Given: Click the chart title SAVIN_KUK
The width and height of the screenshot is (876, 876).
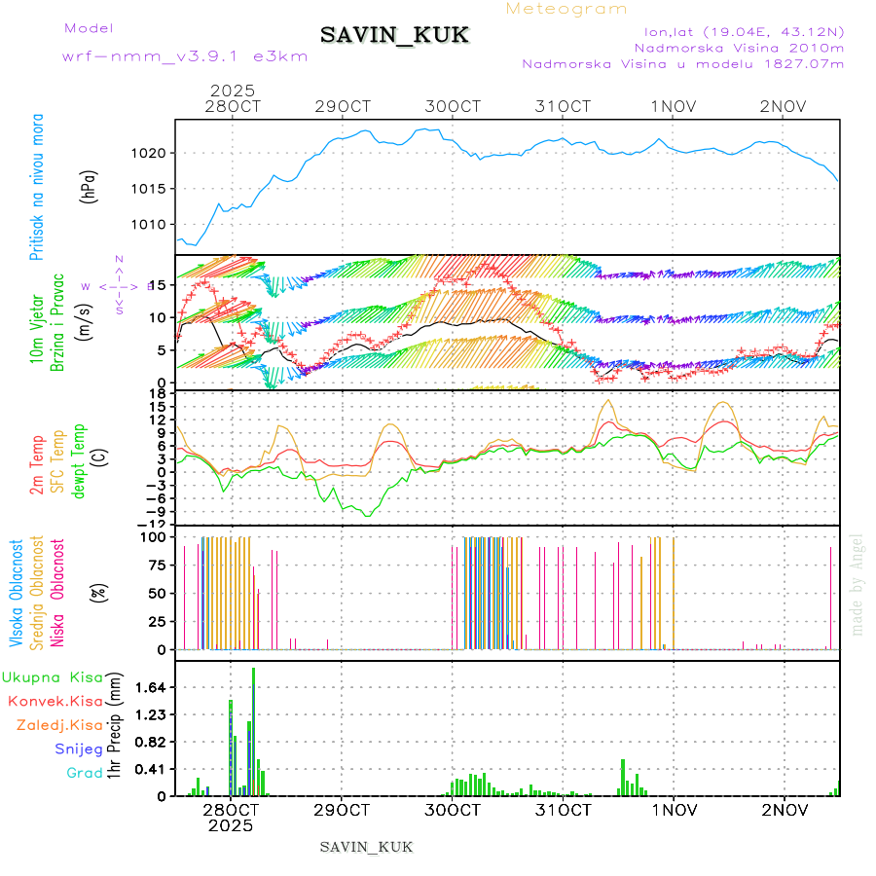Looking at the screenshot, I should coord(394,36).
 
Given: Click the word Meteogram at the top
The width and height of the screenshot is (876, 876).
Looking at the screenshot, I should coord(567,9).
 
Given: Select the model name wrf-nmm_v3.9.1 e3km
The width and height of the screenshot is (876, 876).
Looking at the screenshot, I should coord(185,55).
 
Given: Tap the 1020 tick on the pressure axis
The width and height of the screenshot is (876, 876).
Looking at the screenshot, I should coord(150,153).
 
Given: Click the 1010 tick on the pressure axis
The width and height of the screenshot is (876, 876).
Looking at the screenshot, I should coord(150,224).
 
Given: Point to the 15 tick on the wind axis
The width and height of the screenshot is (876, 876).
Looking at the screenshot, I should coord(156,284).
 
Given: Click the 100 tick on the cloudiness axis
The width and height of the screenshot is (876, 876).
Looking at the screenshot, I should coord(155,536).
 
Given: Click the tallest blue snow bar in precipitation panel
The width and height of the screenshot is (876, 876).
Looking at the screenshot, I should coord(253,740).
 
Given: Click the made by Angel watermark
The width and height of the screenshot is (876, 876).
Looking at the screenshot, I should coord(857,584).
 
